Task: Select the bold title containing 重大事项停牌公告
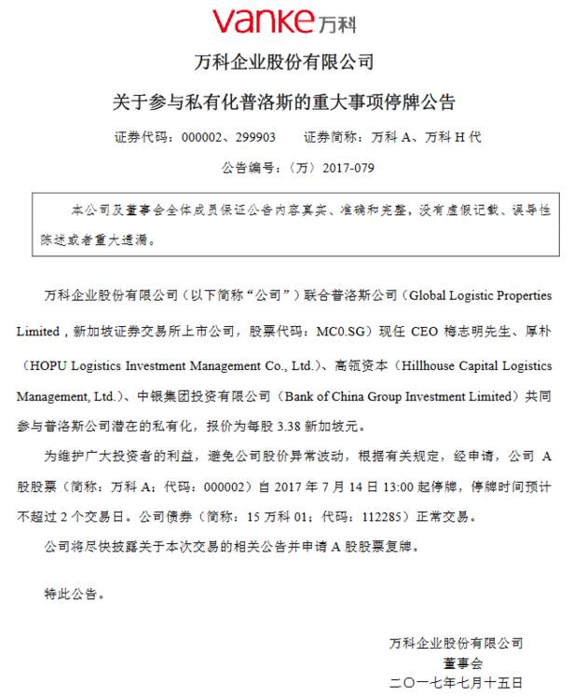pos(284,101)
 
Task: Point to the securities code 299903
pos(255,137)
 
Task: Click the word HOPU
pos(42,365)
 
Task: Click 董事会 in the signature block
pos(463,663)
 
